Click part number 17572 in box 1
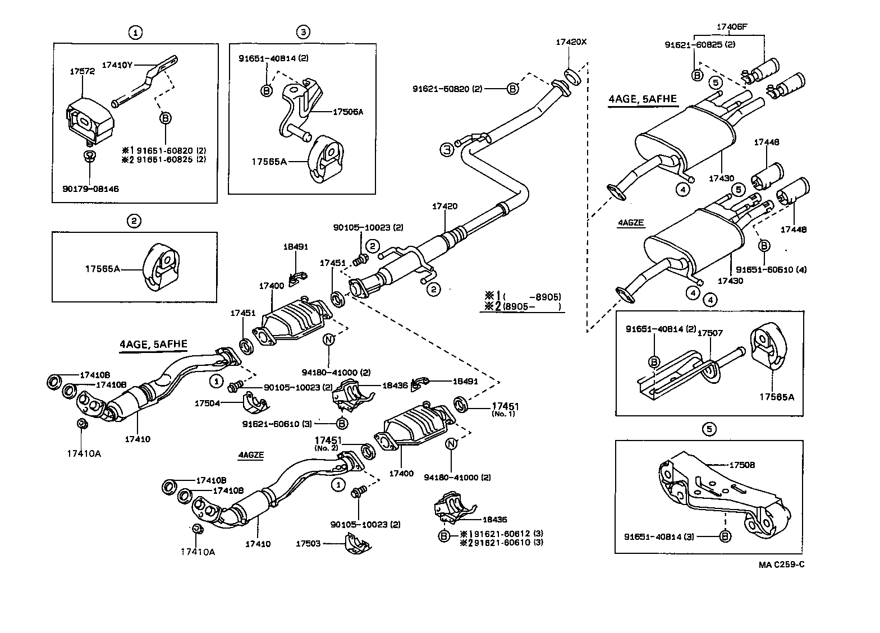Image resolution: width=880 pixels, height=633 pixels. [x=82, y=71]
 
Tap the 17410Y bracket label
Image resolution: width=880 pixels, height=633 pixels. [x=117, y=64]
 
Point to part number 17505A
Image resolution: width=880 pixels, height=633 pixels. [x=348, y=112]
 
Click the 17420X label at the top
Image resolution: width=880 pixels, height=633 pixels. [x=570, y=42]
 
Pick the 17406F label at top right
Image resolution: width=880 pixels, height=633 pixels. [x=732, y=26]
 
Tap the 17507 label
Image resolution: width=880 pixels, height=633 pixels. [x=709, y=333]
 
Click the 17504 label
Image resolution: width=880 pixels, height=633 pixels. [x=207, y=403]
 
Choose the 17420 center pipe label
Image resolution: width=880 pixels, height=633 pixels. [x=444, y=207]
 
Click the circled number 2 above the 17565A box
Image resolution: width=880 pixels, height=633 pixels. [x=134, y=221]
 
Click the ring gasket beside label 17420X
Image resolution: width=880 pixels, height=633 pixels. [x=570, y=76]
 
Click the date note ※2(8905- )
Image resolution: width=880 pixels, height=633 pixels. [x=523, y=306]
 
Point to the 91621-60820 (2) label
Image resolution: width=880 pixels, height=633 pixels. [x=447, y=89]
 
